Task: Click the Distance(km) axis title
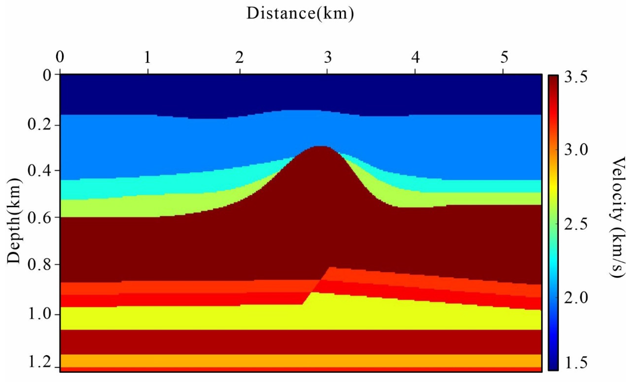pos(300,14)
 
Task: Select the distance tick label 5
pos(504,58)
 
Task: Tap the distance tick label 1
pos(147,58)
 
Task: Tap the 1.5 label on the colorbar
pos(575,363)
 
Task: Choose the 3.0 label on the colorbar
pos(575,151)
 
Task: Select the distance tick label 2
pos(239,58)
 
